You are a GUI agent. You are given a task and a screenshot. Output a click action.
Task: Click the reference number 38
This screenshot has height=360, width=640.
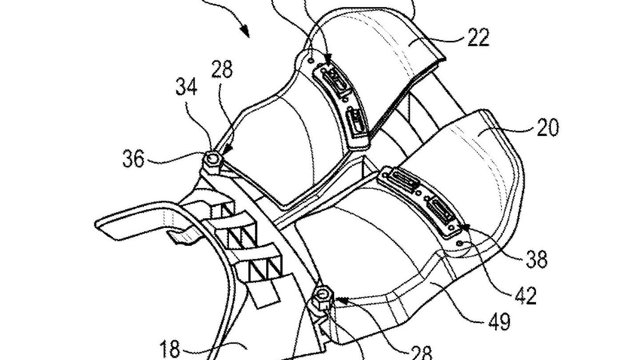(536, 259)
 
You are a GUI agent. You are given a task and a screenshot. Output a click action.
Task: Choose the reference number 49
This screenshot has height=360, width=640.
(500, 322)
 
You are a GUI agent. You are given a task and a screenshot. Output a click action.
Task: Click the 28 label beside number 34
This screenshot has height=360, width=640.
(222, 70)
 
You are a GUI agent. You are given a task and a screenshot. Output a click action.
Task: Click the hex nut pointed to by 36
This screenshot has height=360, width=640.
(212, 159)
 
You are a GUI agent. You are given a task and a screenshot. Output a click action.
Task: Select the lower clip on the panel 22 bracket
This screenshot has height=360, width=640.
(357, 120)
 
